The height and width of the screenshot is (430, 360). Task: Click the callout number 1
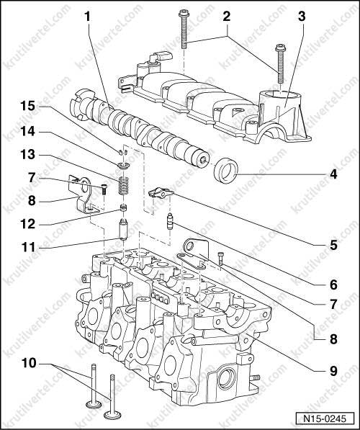(x=87, y=17)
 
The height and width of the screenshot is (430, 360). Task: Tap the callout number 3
(x=302, y=17)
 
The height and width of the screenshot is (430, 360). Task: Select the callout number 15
(x=28, y=106)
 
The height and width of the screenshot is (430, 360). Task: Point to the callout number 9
(x=333, y=372)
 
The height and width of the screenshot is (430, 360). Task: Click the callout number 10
(x=29, y=363)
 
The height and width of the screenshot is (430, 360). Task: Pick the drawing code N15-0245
(x=325, y=418)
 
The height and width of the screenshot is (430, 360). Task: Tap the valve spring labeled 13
(x=124, y=186)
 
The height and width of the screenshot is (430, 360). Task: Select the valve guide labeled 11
(x=124, y=229)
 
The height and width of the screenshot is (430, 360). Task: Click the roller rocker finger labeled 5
(x=161, y=193)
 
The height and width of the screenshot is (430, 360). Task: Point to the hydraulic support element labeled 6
(x=170, y=221)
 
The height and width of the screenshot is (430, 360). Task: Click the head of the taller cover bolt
(x=183, y=13)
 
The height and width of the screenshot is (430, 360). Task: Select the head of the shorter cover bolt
(x=279, y=48)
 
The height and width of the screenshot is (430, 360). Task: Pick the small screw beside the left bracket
(x=104, y=189)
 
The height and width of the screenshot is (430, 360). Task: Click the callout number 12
(x=28, y=224)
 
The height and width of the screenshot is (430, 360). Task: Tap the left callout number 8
(x=32, y=201)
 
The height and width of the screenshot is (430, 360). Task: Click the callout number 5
(x=333, y=245)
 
